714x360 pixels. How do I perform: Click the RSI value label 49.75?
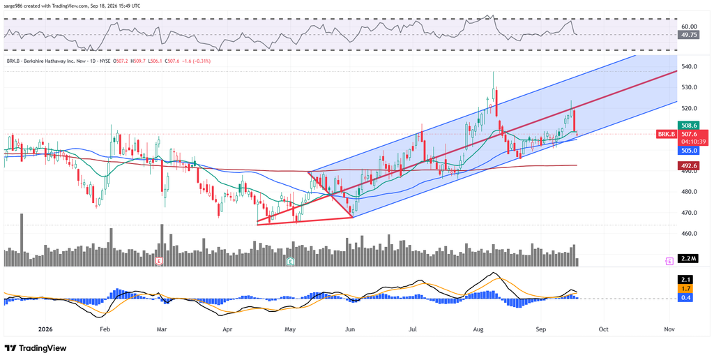(x=688, y=35)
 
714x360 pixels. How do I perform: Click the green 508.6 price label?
(x=688, y=125)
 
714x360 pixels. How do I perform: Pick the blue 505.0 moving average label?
(x=688, y=151)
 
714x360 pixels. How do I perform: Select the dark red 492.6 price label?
(x=688, y=165)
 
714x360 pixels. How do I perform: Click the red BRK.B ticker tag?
(x=667, y=134)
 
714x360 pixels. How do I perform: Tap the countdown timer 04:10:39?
(x=688, y=142)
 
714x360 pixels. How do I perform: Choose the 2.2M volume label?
(x=688, y=259)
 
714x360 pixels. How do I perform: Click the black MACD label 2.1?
(x=688, y=280)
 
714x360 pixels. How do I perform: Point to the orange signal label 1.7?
(x=688, y=288)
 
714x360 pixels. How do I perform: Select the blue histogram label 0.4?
(x=688, y=297)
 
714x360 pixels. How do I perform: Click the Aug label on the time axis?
(x=478, y=329)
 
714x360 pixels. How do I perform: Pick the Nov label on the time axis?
(x=669, y=329)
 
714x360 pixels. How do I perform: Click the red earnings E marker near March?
(x=160, y=261)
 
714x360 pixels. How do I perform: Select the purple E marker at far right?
(x=669, y=261)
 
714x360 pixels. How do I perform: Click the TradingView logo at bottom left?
(x=36, y=348)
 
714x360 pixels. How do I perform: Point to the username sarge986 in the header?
(x=15, y=6)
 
